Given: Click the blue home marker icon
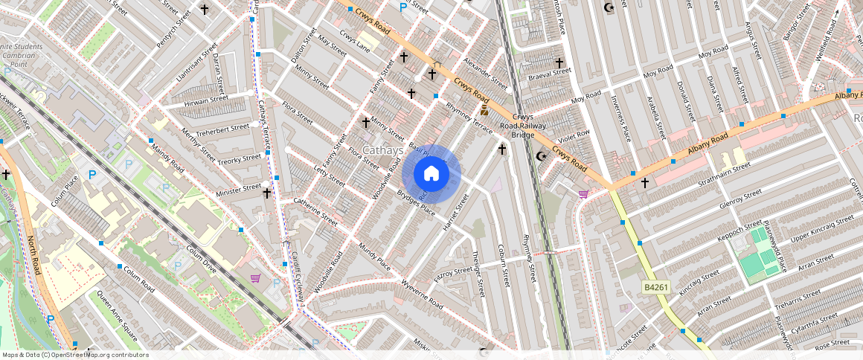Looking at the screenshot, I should pos(431,174).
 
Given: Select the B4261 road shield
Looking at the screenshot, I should pos(654,286).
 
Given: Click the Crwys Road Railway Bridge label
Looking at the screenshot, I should pos(523,126).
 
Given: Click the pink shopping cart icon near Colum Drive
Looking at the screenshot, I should pos(256,278).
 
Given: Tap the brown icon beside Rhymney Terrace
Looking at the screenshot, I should pos(484,111).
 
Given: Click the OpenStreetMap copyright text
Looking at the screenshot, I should pos(74,355).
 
